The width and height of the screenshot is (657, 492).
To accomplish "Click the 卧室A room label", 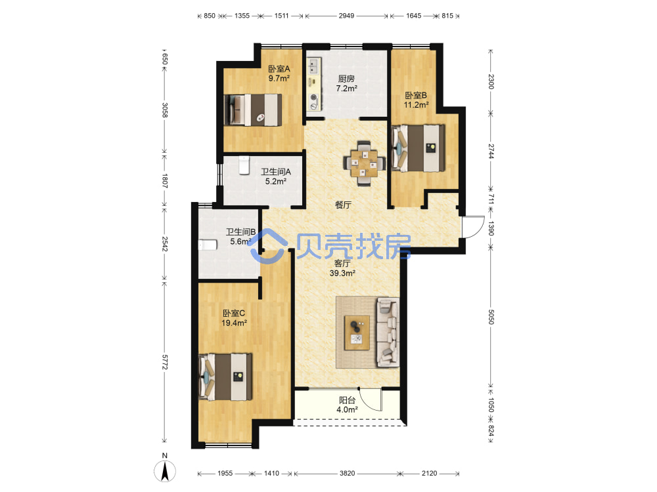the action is pos(279,69).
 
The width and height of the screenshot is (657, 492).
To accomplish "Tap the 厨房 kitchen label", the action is pos(346,79).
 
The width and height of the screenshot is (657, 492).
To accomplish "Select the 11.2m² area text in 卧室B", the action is pos(416,105).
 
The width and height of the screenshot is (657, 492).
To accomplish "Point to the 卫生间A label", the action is pos(276,171).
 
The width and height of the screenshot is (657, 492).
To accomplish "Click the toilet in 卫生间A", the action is pos(244,165).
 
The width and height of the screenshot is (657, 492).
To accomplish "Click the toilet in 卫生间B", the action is pos(208,245).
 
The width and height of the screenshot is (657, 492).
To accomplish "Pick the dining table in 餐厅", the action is pos(364,163).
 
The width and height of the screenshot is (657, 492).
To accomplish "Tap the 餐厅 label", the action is pos(343,205).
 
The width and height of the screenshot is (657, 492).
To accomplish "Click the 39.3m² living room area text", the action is pos(342,273).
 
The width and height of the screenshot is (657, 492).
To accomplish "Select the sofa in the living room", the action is pos(388,332).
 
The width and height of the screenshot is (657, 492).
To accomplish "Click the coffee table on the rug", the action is pos(357,333).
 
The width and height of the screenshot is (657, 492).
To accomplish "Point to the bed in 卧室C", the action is pos(225,377).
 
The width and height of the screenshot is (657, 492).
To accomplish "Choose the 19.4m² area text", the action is pos(234,323).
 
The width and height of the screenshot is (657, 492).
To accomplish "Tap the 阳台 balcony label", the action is pos(347,400).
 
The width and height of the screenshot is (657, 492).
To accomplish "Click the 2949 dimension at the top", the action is pos(346,16).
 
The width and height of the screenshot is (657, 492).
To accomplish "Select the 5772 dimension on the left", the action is pos(164,362).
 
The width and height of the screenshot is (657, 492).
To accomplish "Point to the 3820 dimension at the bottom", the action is pos(347,473).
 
